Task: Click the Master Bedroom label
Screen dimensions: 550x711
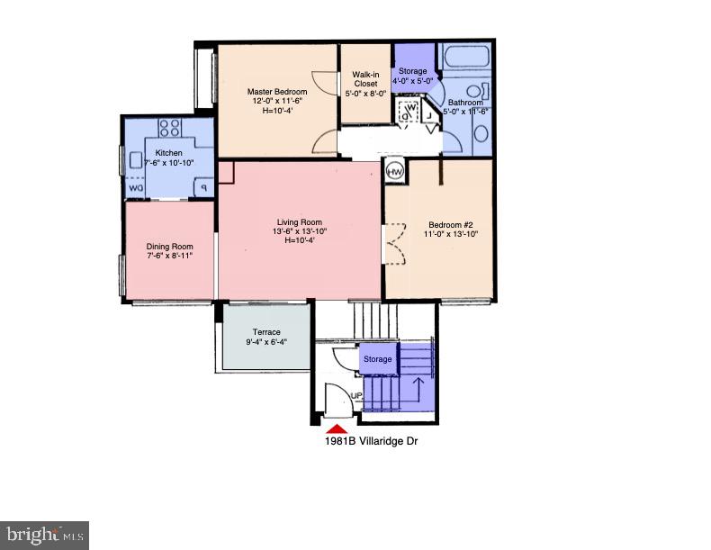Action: click(x=277, y=92)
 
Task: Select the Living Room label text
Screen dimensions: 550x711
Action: click(x=299, y=222)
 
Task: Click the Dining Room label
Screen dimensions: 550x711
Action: click(x=170, y=247)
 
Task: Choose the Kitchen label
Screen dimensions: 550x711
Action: click(x=169, y=153)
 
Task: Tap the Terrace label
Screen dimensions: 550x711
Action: click(x=266, y=332)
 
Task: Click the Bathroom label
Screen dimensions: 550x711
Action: click(x=466, y=103)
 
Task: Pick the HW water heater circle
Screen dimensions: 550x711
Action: click(x=394, y=171)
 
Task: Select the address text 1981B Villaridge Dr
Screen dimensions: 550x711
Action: click(x=371, y=442)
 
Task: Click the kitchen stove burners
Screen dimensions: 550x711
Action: click(x=170, y=128)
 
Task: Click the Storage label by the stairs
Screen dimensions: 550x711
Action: click(x=377, y=359)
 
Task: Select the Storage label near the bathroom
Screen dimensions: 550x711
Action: click(x=413, y=71)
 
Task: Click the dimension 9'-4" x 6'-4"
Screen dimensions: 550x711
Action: click(x=266, y=342)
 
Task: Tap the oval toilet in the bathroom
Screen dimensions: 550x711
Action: click(x=481, y=134)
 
